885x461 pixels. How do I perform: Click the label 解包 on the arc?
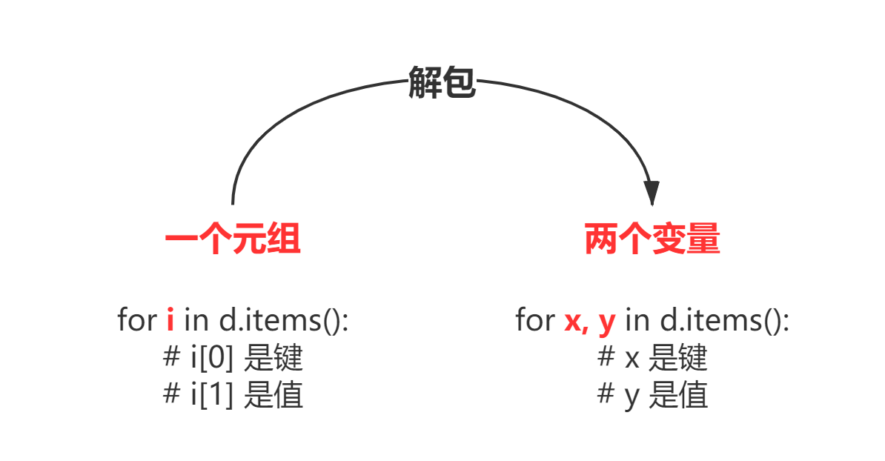442,80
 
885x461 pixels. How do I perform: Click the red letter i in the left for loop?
170,320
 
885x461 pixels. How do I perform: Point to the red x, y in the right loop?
590,321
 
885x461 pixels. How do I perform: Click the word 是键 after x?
677,359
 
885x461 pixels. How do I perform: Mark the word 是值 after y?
677,396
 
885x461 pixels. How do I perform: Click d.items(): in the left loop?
283,320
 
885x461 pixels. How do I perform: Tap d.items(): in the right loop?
724,320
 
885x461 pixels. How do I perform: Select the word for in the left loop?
137,320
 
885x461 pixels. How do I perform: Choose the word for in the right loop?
535,320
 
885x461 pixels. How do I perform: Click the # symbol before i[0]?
170,359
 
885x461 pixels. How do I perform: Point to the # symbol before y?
606,396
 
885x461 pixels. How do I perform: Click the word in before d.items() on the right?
637,320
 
